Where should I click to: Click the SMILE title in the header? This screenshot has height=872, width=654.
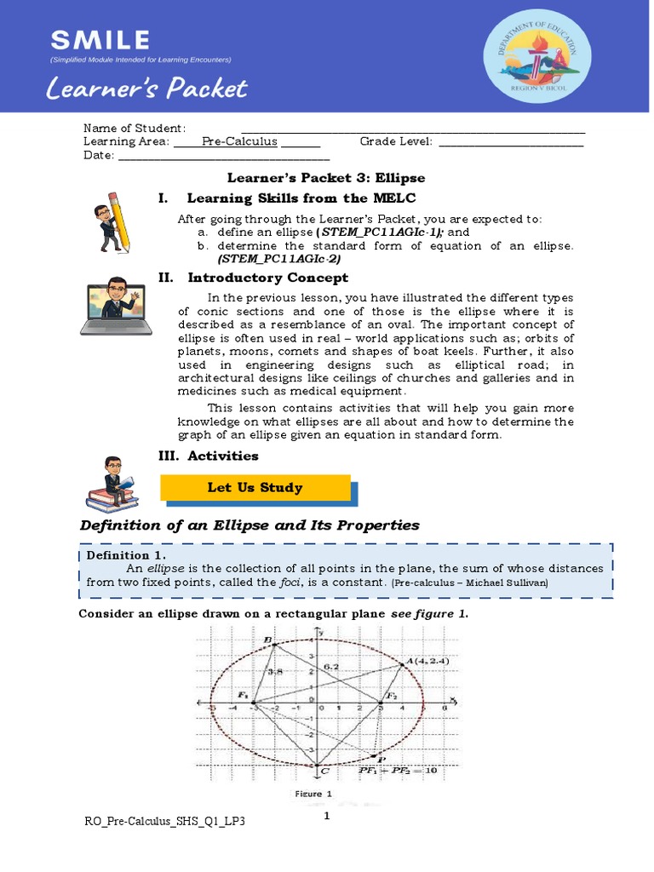pos(100,39)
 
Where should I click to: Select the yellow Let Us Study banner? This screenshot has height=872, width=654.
pos(255,488)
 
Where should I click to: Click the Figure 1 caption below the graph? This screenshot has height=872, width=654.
pos(313,794)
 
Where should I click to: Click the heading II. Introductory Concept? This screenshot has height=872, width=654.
pos(253,278)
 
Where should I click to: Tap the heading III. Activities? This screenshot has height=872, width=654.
pos(209,456)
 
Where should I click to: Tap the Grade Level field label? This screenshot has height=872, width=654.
pos(396,141)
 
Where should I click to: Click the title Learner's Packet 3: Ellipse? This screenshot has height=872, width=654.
pos(325,178)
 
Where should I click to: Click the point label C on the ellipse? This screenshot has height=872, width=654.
pos(324,771)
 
